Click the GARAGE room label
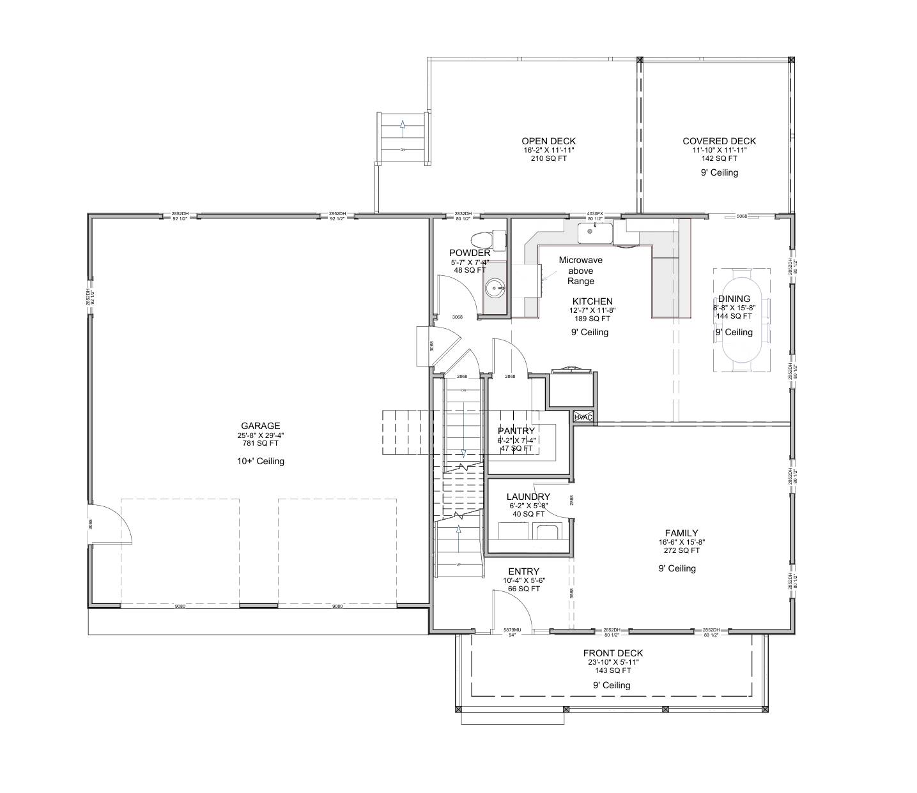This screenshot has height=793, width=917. click(x=260, y=426)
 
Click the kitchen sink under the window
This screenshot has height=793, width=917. click(x=595, y=234)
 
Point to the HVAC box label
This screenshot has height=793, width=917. click(x=583, y=417)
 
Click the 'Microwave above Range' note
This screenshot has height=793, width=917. click(x=580, y=271)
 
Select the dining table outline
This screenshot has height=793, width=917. click(x=742, y=319)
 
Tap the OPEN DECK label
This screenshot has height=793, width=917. click(x=548, y=141)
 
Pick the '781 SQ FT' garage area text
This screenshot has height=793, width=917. click(x=260, y=443)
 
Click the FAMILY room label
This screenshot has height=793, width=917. click(x=681, y=533)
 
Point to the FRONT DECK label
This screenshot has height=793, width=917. click(x=612, y=653)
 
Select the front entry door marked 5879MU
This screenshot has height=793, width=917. click(x=512, y=631)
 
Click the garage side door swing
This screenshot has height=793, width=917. click(x=112, y=522)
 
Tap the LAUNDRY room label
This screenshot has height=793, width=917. click(x=528, y=497)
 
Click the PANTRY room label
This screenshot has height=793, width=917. click(x=516, y=431)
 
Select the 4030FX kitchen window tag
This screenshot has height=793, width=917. click(x=595, y=214)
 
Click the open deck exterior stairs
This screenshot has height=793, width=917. click(x=403, y=137)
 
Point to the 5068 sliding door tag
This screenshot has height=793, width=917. click(x=741, y=216)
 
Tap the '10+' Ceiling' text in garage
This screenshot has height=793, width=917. click(x=260, y=461)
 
